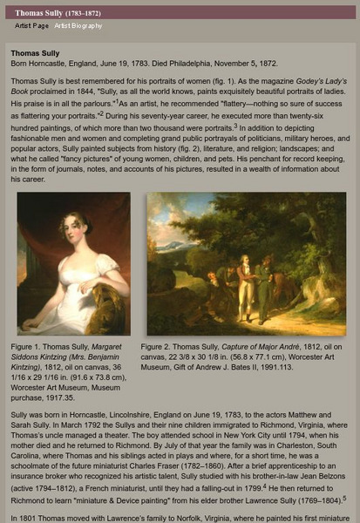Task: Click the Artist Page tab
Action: coord(31,26)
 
